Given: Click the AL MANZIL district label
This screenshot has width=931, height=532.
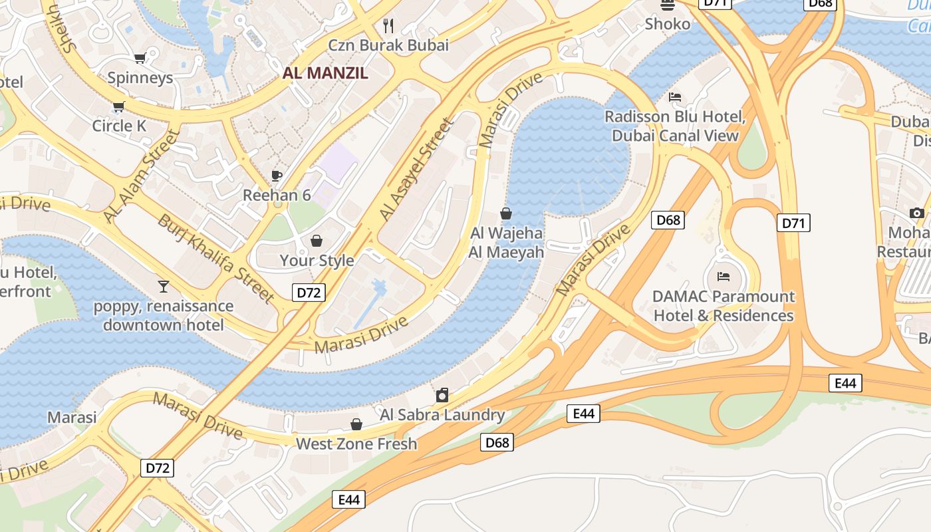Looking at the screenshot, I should pos(325,73).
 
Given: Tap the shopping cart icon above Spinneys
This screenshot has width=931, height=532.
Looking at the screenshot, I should pos(140,59).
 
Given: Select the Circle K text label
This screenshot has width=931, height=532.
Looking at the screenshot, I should pos(119,126).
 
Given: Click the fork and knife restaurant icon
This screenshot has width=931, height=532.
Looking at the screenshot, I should pos(389,26).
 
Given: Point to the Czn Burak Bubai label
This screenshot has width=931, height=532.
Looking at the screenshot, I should pos(388,45).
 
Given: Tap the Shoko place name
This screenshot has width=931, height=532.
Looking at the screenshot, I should pos(668,24).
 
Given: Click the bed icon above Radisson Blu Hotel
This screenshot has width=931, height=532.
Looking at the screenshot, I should pos(675,97).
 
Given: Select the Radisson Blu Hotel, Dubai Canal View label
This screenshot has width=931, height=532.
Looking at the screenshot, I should pos(675,126).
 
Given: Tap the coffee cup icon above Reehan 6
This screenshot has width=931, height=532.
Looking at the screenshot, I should pos(277,176).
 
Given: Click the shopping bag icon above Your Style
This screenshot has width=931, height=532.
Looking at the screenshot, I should pos(317,240).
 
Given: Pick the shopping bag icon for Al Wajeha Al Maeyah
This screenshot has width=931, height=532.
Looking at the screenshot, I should pos(506,213).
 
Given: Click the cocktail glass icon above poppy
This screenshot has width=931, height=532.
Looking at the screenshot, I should pos(164,287).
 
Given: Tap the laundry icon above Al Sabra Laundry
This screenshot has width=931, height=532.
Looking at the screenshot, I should pos(442,396).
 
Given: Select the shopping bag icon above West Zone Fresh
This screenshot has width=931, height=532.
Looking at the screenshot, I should pos(356,424).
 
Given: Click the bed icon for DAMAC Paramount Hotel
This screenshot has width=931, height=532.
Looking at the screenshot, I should pos(724,277).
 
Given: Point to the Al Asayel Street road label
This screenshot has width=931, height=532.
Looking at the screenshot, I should pos(416,170).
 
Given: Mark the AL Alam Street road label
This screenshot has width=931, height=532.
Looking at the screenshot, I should pos(142,177).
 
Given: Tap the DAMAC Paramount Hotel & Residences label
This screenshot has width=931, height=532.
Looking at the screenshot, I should pos(724,306).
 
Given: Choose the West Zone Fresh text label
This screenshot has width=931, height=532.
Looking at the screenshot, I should pos(356,444).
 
